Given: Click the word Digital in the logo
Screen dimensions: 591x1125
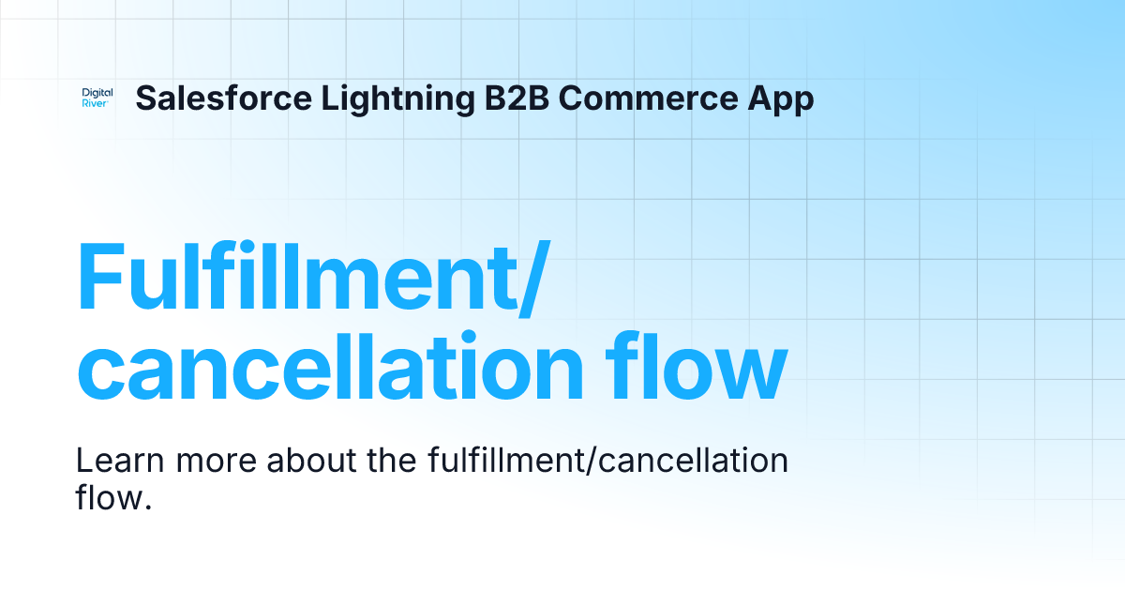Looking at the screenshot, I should (x=97, y=93).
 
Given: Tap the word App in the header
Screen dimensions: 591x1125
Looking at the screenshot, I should (x=780, y=98).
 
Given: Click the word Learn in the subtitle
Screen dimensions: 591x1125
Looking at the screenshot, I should (x=117, y=462).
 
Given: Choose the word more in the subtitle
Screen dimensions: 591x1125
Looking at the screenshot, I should (x=219, y=462).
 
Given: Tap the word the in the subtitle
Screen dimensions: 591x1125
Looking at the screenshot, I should (x=394, y=462).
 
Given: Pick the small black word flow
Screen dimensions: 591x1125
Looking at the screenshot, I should (x=107, y=496).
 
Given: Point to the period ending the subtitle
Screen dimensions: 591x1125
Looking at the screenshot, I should (x=148, y=507).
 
